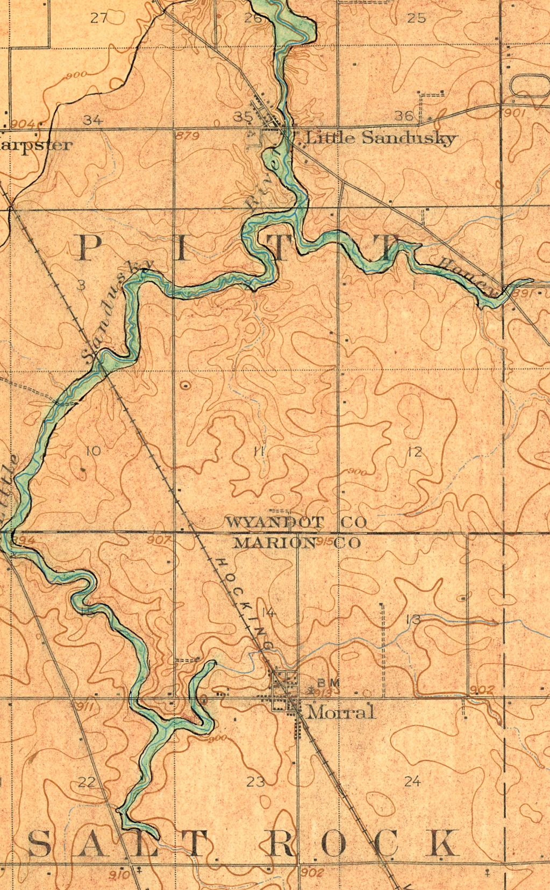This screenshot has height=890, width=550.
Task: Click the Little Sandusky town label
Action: [x=381, y=138]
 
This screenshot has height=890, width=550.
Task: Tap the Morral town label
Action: [x=341, y=712]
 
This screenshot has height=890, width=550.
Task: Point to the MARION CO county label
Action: [x=297, y=542]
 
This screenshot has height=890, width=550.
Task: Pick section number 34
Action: [x=93, y=120]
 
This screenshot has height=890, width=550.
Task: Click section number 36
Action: [x=404, y=116]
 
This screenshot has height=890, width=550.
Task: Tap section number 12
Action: [x=415, y=452]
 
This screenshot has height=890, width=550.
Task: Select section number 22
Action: [x=87, y=782]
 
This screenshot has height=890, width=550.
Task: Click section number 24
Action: [x=412, y=781]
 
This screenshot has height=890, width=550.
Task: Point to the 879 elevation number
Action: [x=188, y=136]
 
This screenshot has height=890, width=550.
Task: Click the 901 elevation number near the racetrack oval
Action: [x=515, y=112]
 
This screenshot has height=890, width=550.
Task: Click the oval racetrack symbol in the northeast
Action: [x=530, y=86]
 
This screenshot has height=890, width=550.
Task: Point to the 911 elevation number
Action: [x=84, y=707]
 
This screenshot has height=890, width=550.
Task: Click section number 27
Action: [x=99, y=18]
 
